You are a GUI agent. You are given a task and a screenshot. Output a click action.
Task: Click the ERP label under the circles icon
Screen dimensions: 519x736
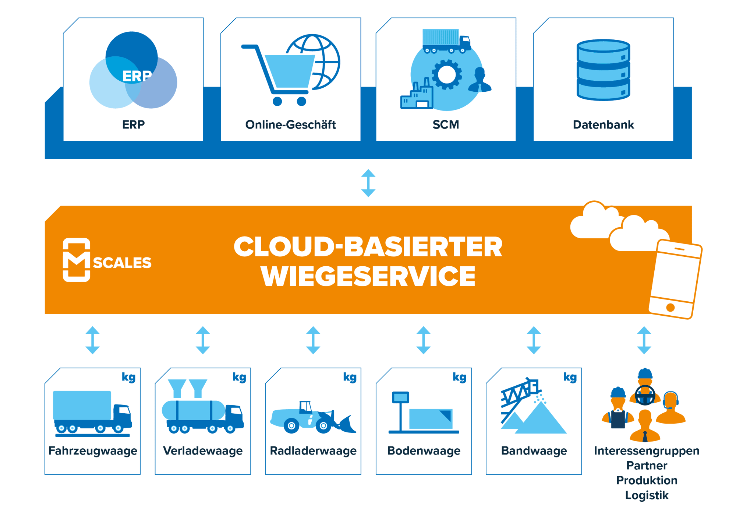[x=133, y=125]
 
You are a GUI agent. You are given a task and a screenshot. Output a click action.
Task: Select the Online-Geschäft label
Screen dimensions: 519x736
[x=290, y=125]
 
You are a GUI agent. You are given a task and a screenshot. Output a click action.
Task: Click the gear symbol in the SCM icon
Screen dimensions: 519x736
[x=447, y=74]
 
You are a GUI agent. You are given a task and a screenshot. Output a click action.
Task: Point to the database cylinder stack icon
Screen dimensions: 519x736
[x=603, y=70]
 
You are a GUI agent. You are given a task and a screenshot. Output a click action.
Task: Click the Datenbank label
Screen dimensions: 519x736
[x=603, y=125]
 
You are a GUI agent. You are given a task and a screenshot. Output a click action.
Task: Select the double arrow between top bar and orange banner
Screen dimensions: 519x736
[x=368, y=183]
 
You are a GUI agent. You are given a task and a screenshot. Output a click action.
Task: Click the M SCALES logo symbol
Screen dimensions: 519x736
[x=77, y=260]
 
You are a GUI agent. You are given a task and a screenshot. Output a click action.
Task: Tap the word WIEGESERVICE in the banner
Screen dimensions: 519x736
[x=368, y=276]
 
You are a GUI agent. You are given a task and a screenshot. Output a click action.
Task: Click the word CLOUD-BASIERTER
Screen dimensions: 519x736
[x=368, y=247]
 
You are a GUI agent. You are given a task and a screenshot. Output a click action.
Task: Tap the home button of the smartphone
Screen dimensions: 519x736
[x=670, y=307]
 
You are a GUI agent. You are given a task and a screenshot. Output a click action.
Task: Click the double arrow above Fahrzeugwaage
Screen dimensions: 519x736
[x=92, y=340]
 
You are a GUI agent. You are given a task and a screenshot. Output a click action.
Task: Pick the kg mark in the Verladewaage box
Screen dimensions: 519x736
[x=239, y=377]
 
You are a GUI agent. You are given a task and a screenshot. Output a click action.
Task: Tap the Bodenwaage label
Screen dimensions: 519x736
[x=424, y=451]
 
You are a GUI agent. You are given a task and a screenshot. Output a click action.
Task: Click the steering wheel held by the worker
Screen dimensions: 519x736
[x=645, y=395]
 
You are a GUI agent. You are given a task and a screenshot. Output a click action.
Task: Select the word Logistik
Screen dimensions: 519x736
[x=647, y=495]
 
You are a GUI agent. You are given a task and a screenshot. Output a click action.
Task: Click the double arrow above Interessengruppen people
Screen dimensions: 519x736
[x=644, y=340]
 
